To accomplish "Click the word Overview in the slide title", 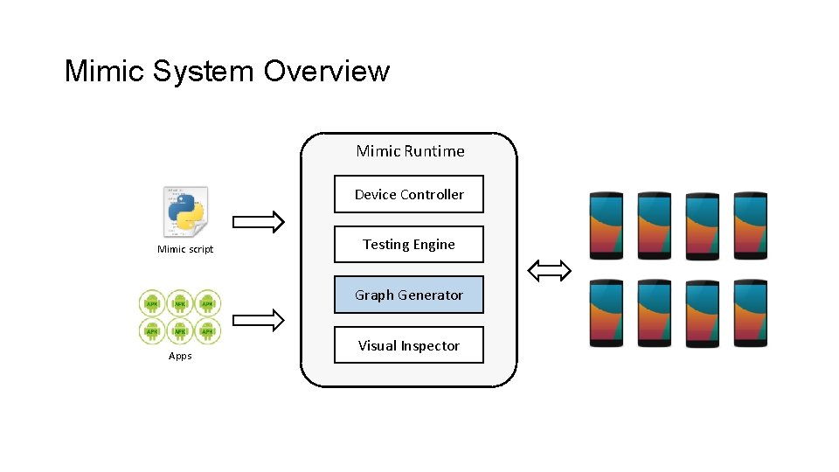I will pos(326,71).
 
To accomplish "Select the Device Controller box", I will pos(408,194).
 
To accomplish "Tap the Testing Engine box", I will pos(408,245).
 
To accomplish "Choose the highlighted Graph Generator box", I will pos(408,295).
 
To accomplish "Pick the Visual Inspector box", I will pos(408,345).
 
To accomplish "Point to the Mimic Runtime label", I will pos(410,151).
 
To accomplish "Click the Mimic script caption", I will pos(185,250).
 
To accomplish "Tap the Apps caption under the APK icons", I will pos(180,356).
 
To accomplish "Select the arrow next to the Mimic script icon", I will pos(259,222).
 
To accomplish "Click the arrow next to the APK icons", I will pos(259,321).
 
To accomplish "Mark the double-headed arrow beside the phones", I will pos(550,272).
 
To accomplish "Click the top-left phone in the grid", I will pos(607,225).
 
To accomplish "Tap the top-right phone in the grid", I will pos(750,225).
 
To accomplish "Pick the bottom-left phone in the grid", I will pos(607,313).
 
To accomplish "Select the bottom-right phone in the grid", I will pos(750,313).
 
